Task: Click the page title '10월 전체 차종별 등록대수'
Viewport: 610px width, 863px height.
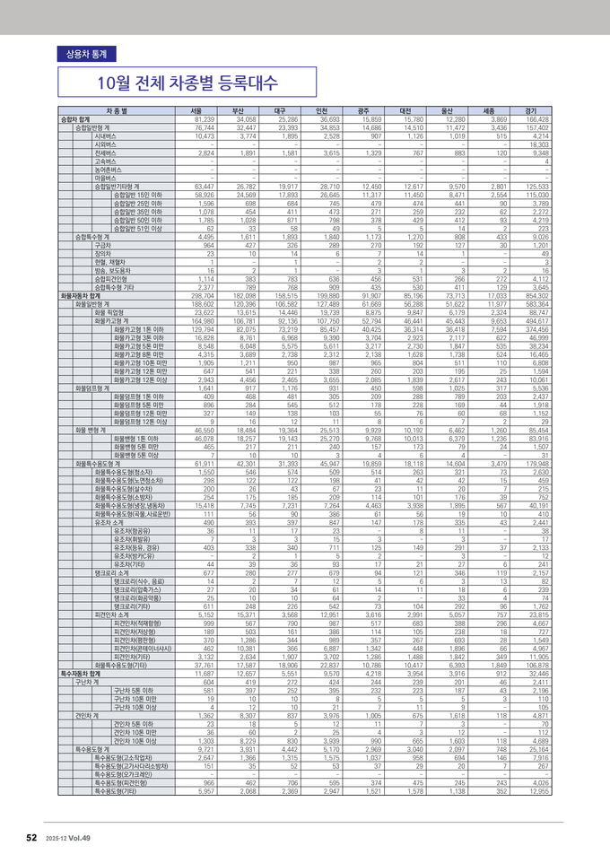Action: pos(189,84)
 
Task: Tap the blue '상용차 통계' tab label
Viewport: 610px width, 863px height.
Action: pos(81,54)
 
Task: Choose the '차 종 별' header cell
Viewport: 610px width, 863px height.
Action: pos(117,110)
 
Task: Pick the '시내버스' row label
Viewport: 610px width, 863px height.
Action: pos(106,135)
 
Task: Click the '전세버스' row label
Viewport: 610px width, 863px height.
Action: pos(106,153)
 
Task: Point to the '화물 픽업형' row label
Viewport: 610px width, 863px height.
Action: pos(101,311)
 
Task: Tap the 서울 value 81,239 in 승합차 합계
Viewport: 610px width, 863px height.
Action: pos(204,118)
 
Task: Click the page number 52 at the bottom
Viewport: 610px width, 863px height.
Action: pos(30,837)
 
